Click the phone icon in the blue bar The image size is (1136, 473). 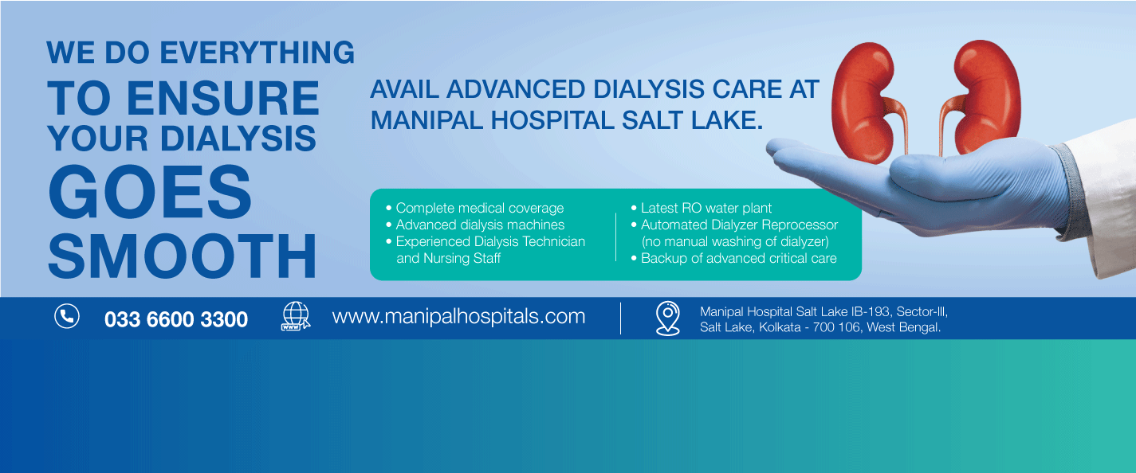pyautogui.click(x=67, y=316)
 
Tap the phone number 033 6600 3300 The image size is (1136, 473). pyautogui.click(x=176, y=319)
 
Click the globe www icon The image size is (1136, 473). pyautogui.click(x=296, y=316)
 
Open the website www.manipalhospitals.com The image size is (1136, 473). pyautogui.click(x=458, y=316)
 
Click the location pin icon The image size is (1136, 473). pyautogui.click(x=668, y=318)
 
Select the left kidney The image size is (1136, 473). pyautogui.click(x=865, y=101)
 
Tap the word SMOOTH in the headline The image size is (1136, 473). pyautogui.click(x=183, y=256)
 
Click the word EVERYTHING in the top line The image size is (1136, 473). pyautogui.click(x=257, y=53)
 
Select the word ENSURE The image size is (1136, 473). pyautogui.click(x=223, y=98)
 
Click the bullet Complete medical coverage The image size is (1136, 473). pyautogui.click(x=475, y=208)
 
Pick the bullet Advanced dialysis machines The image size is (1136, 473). pyautogui.click(x=475, y=225)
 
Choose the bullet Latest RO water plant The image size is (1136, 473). pyautogui.click(x=702, y=208)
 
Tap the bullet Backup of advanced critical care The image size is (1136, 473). pyautogui.click(x=734, y=258)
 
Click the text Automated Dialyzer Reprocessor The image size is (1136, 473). pyautogui.click(x=740, y=225)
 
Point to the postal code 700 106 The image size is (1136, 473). pyautogui.click(x=837, y=327)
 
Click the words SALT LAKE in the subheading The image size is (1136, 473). pyautogui.click(x=692, y=120)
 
